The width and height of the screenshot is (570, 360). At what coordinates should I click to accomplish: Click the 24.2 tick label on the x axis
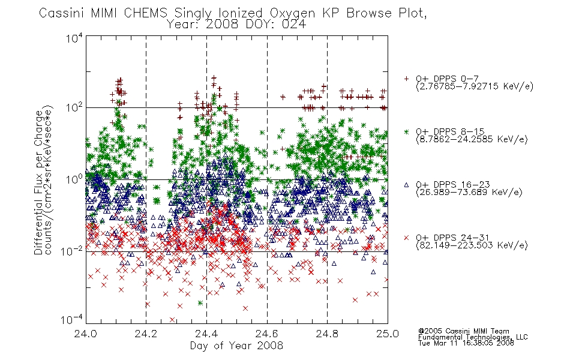(x=146, y=334)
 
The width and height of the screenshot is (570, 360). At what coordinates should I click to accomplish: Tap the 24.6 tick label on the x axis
(x=267, y=334)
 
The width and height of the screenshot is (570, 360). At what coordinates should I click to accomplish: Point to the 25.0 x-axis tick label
(x=388, y=334)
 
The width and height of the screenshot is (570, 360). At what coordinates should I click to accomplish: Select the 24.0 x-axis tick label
(x=85, y=334)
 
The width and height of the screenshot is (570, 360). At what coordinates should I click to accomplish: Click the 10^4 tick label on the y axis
(x=74, y=38)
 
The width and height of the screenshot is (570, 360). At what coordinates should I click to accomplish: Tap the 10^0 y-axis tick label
(x=74, y=179)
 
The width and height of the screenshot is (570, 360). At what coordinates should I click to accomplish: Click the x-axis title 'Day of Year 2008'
(x=236, y=346)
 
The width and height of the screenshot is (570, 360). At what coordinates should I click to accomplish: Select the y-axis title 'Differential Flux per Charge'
(x=38, y=182)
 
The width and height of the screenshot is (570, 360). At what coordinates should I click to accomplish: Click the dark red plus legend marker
(x=406, y=79)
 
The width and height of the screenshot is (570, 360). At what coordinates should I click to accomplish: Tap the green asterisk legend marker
(x=406, y=131)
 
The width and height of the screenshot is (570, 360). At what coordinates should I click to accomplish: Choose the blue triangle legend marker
(x=406, y=185)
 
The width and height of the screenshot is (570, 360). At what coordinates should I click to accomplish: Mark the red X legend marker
(x=406, y=238)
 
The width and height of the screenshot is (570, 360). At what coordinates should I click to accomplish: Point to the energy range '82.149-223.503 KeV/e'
(x=472, y=245)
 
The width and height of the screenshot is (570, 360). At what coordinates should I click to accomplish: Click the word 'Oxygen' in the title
(x=292, y=13)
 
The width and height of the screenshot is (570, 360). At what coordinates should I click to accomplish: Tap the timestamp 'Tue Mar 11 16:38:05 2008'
(x=466, y=343)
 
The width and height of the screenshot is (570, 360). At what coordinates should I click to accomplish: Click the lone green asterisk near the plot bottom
(x=200, y=303)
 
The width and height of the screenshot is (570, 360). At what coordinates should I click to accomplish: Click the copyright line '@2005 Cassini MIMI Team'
(x=463, y=331)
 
